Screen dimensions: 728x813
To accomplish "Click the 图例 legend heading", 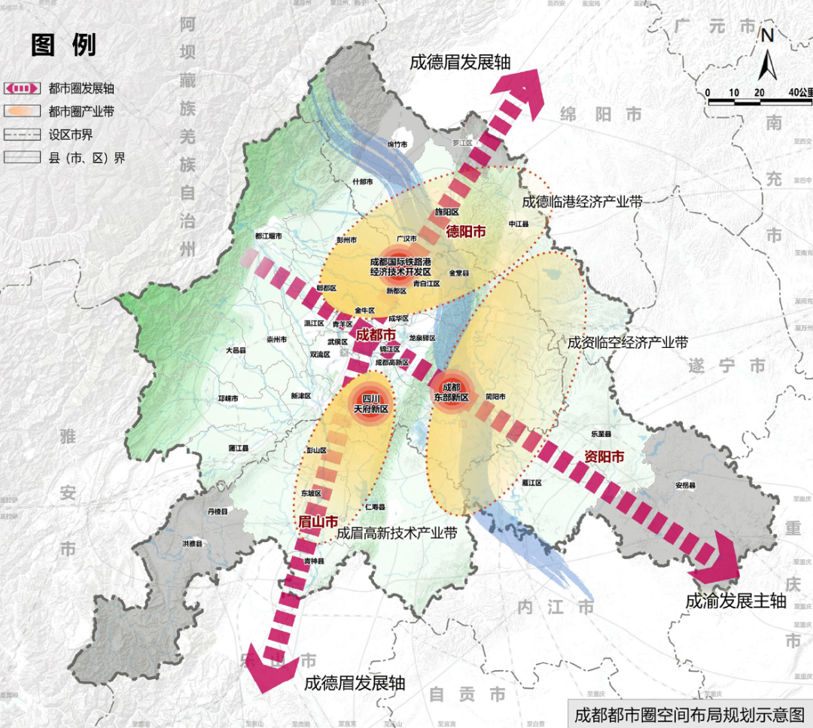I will click(63, 44).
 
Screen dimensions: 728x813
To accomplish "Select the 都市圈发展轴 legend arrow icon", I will click(23, 88).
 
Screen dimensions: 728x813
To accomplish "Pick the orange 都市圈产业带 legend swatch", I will click(23, 111).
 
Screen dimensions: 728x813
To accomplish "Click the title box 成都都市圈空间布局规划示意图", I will click(688, 714).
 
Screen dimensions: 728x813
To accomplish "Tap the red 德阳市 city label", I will click(466, 231).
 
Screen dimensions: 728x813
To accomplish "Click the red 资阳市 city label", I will click(604, 456).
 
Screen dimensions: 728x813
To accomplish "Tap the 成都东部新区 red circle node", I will click(450, 391).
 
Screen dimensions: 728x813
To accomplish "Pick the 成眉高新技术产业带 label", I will click(397, 532).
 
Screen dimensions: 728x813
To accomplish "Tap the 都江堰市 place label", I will click(268, 236).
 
